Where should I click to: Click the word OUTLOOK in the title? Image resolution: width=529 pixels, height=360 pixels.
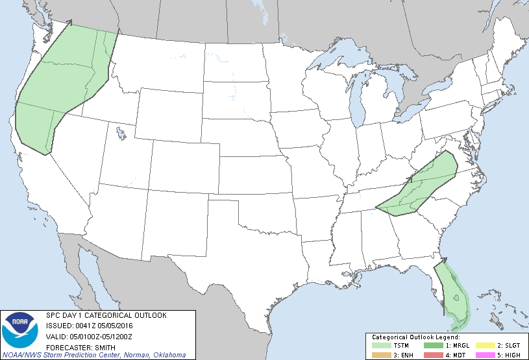coord(151,315)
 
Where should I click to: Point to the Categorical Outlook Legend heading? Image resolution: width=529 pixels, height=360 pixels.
coord(416,337)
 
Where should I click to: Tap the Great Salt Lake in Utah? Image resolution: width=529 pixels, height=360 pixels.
coord(121,134)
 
